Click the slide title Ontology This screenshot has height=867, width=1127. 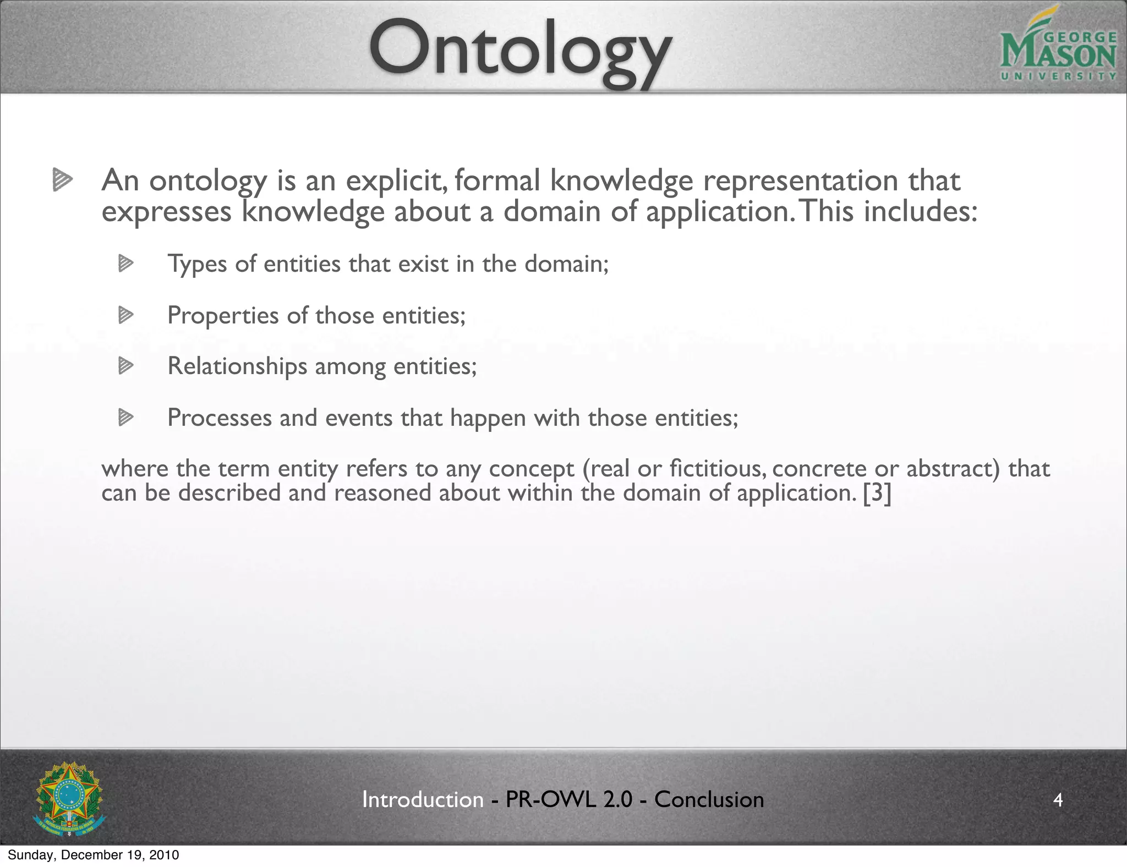point(520,52)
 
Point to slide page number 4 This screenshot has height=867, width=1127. point(1058,799)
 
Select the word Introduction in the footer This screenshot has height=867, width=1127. point(423,799)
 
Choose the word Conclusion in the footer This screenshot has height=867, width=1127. point(709,799)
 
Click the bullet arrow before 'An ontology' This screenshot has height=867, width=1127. point(63,180)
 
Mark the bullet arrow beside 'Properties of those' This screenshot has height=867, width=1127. point(126,315)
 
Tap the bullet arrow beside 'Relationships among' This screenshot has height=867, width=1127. point(126,366)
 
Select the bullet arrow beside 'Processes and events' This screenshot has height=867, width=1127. point(126,418)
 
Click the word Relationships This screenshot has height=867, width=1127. point(237,366)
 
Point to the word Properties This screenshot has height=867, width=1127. point(223,316)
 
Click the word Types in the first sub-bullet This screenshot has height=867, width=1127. point(197,264)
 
